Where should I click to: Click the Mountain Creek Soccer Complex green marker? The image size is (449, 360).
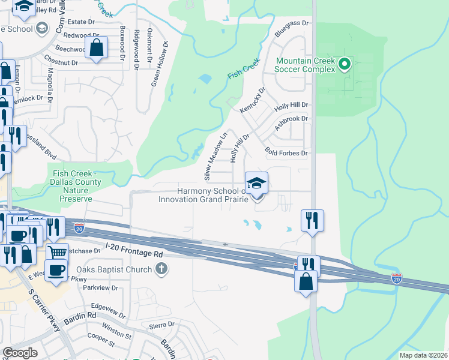tap(345, 63)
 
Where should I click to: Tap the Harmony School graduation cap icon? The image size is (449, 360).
tap(256, 182)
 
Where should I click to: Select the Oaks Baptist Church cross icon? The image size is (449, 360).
tap(160, 270)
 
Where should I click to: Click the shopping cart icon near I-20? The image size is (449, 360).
tap(56, 252)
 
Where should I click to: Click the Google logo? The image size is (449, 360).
tap(20, 353)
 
